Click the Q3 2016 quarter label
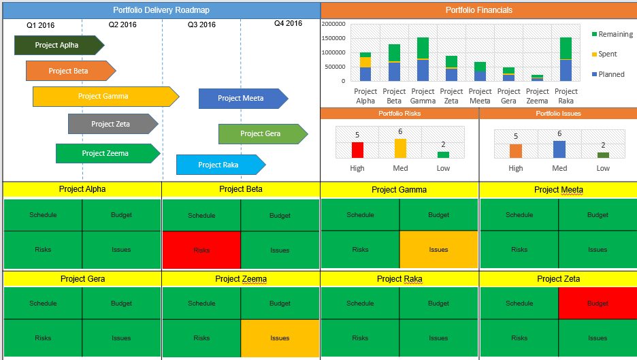(x=201, y=25)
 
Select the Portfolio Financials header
(x=478, y=10)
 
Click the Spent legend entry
(x=606, y=54)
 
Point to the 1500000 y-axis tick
(x=333, y=38)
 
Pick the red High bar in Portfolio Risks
(x=357, y=150)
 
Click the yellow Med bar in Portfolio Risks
(x=400, y=148)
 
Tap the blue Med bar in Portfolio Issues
(x=559, y=149)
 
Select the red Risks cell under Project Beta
(x=201, y=250)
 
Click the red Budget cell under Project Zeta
(x=598, y=304)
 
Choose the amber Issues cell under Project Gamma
(x=438, y=250)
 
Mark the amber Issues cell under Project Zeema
(x=280, y=338)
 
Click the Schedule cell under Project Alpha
(x=43, y=215)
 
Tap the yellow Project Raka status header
(x=399, y=279)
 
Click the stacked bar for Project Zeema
(x=538, y=78)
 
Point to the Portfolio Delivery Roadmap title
(x=161, y=10)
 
